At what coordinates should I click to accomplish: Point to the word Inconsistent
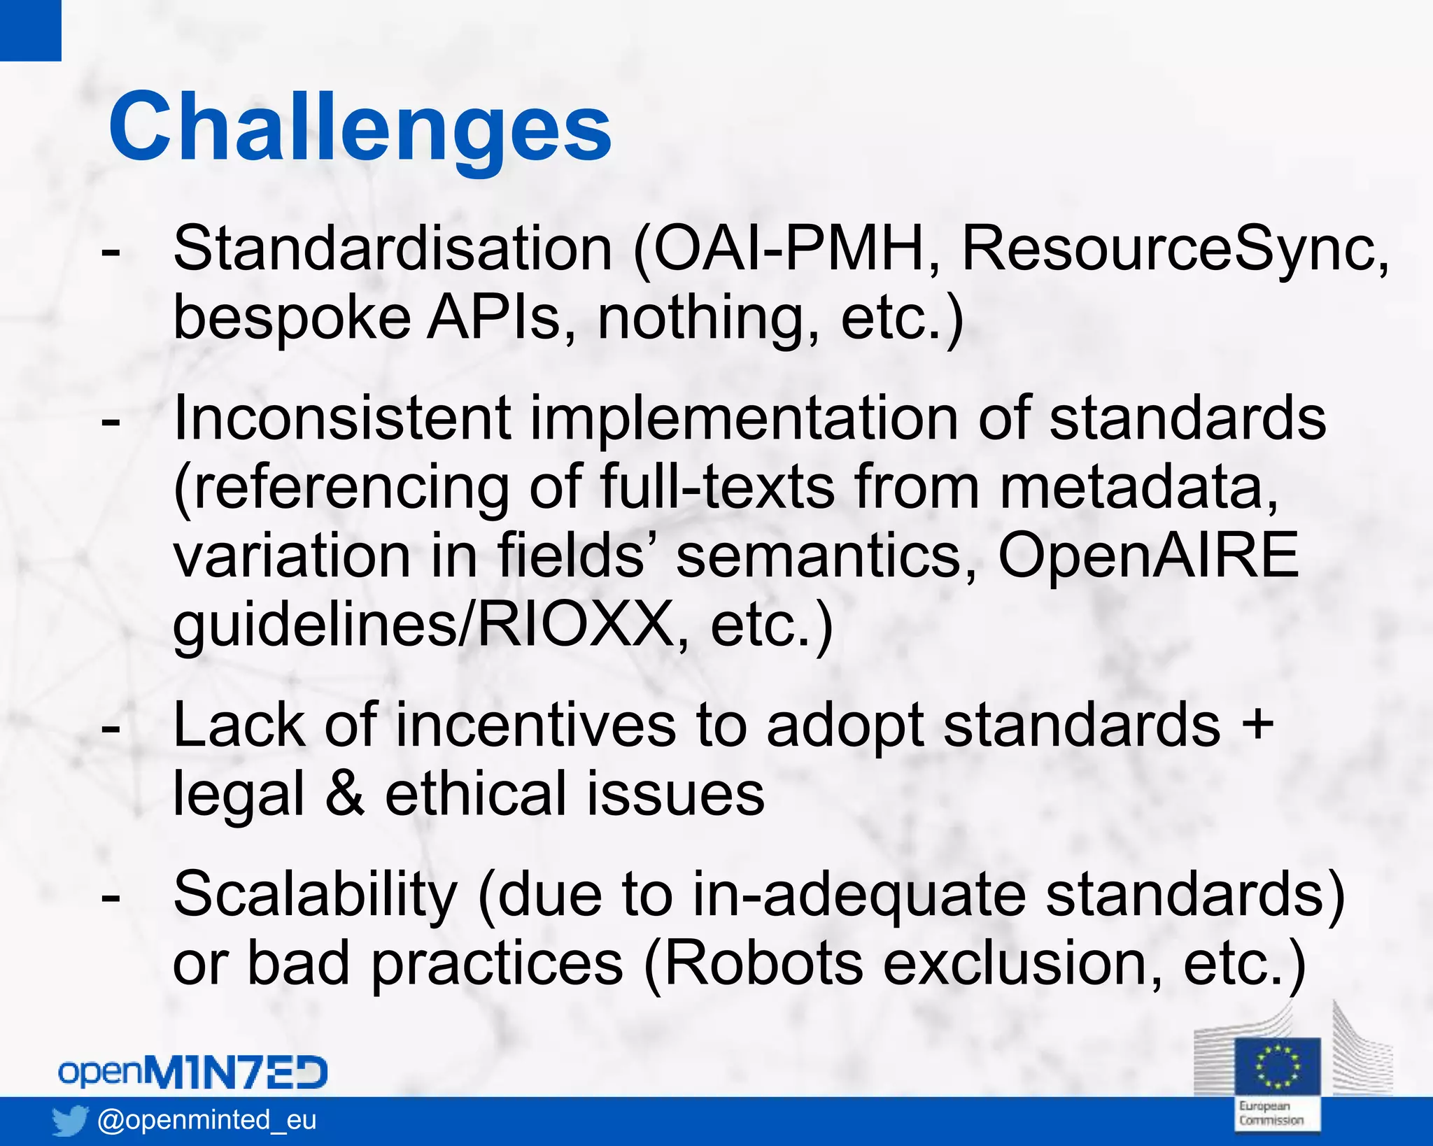[x=341, y=418]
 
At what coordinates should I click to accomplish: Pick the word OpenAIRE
[x=1148, y=556]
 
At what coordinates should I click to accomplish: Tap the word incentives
[x=535, y=726]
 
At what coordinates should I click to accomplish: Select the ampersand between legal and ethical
[x=345, y=794]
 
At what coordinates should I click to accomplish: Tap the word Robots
[x=762, y=963]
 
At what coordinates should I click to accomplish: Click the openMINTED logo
[x=192, y=1073]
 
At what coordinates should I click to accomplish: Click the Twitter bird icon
[x=70, y=1121]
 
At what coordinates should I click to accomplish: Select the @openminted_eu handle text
[x=207, y=1120]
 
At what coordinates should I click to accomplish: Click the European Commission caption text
[x=1271, y=1113]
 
